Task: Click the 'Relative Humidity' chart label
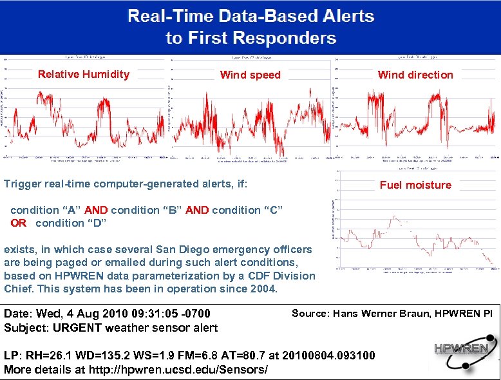[84, 74]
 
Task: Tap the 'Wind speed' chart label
[250, 75]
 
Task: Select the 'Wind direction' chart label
[415, 75]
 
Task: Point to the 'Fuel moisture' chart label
[415, 185]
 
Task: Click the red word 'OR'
[19, 223]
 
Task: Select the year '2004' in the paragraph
[263, 289]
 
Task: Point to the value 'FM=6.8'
[198, 356]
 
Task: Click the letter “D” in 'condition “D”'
[96, 223]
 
